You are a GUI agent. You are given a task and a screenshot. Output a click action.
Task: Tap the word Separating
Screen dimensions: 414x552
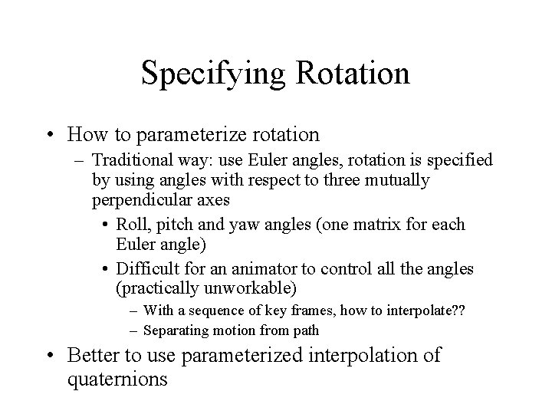click(x=177, y=331)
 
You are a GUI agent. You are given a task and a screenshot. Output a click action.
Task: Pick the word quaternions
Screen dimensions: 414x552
click(x=117, y=379)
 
